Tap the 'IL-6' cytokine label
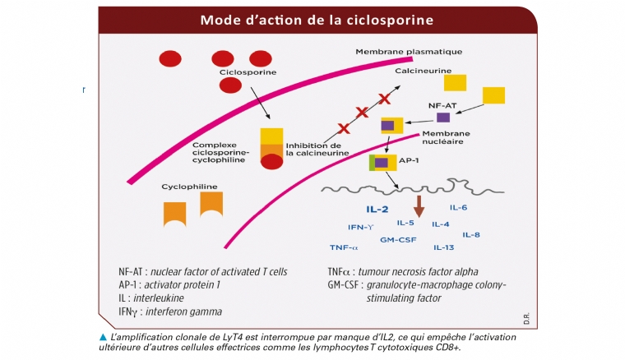tap(459, 208)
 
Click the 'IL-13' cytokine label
tap(443, 247)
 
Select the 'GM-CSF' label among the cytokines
tap(398, 240)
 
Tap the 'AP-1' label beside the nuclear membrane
tap(409, 161)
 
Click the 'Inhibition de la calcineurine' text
tap(317, 149)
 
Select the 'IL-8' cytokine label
tap(471, 235)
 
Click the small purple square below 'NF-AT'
tap(442, 118)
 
